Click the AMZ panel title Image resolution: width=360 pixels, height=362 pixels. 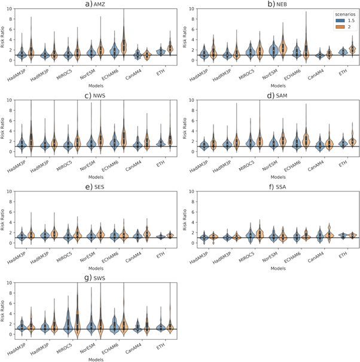(x=96, y=4)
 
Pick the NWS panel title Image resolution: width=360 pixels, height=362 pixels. (x=96, y=96)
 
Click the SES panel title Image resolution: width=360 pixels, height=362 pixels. (x=96, y=187)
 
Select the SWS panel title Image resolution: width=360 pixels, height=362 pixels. (x=96, y=279)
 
